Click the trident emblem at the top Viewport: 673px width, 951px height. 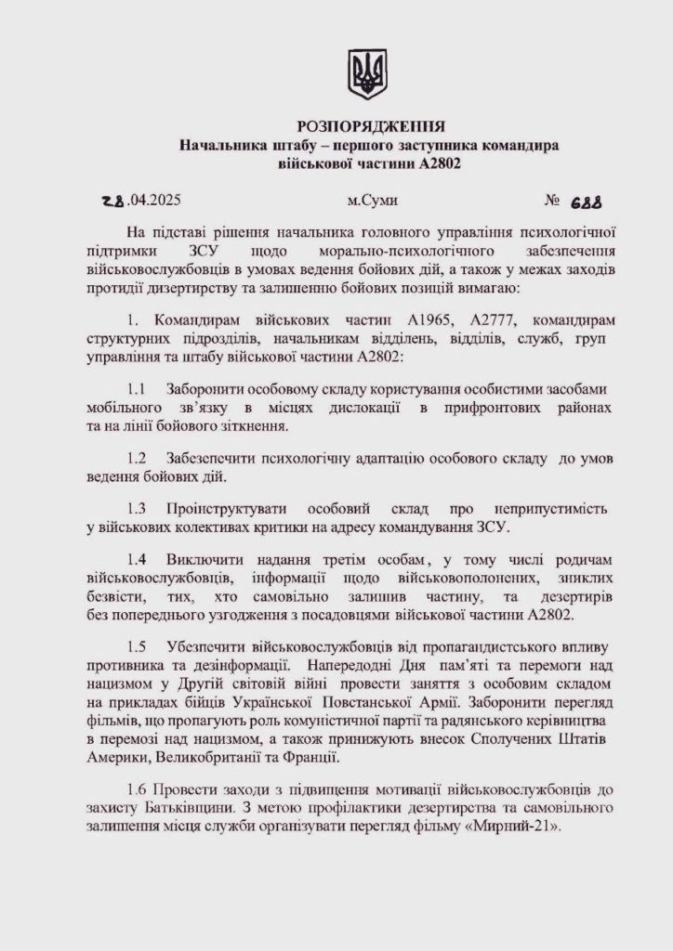(x=367, y=73)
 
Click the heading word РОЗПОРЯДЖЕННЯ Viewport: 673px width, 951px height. (x=371, y=125)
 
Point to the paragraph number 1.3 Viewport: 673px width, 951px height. (x=139, y=510)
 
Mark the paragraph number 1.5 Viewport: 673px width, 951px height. (x=139, y=646)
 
